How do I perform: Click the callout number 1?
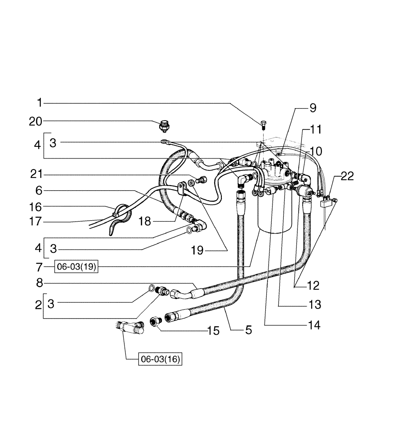[x=39, y=103]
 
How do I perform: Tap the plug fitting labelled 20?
[x=165, y=126]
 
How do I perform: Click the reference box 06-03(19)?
[x=76, y=267]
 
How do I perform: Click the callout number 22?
[x=347, y=176]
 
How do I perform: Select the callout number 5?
[x=248, y=330]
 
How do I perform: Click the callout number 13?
[x=315, y=305]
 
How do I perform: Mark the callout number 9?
[x=313, y=108]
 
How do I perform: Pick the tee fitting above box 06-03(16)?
[x=130, y=328]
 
